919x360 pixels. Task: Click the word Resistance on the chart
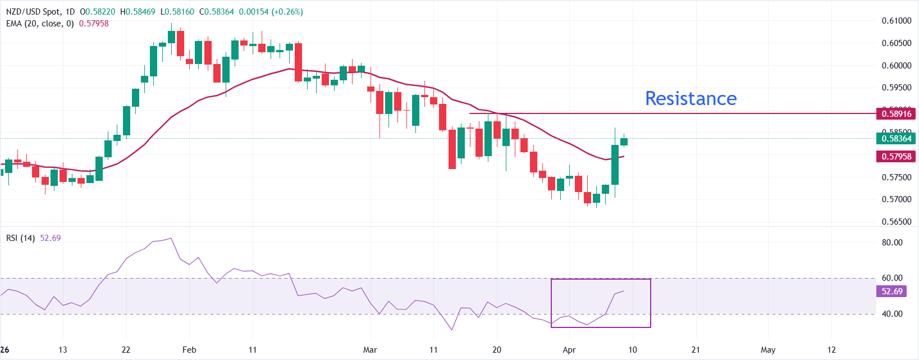pos(691,99)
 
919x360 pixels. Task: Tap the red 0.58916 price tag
pos(896,114)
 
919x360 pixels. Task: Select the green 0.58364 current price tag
pos(896,139)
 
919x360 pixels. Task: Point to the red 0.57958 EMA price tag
pos(896,157)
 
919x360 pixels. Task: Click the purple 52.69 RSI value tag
pos(892,291)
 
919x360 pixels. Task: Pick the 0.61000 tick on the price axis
pos(896,21)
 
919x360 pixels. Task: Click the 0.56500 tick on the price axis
pos(896,222)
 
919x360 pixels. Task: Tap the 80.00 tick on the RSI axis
pos(892,243)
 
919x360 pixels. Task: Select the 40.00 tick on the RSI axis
pos(892,314)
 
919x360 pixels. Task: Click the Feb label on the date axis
pos(189,350)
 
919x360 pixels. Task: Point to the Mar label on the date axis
pos(370,350)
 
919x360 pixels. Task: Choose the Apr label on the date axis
pos(569,350)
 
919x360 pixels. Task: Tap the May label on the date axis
pos(767,350)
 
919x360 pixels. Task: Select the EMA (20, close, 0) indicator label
pos(40,24)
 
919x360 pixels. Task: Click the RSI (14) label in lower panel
pos(21,238)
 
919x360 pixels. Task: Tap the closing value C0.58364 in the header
pos(217,12)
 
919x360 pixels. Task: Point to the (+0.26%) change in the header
pos(287,12)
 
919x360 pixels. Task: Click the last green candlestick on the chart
pos(624,142)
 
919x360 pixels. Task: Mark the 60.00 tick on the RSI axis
pos(892,278)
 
